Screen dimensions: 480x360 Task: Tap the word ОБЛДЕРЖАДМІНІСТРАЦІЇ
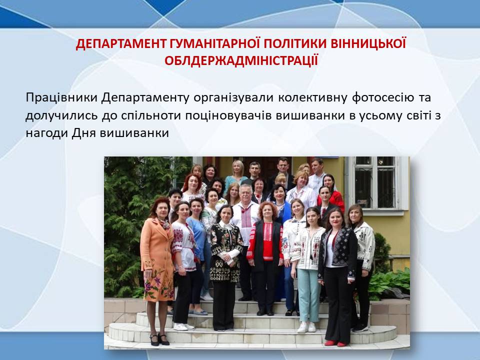[x=241, y=60]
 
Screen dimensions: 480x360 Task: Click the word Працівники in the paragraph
[x=61, y=97]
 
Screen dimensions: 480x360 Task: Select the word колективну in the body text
[x=313, y=97]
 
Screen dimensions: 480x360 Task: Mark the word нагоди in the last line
[x=47, y=133]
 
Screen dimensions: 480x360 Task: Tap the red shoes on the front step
[x=335, y=343]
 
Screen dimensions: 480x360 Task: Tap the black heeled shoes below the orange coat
[x=159, y=339]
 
